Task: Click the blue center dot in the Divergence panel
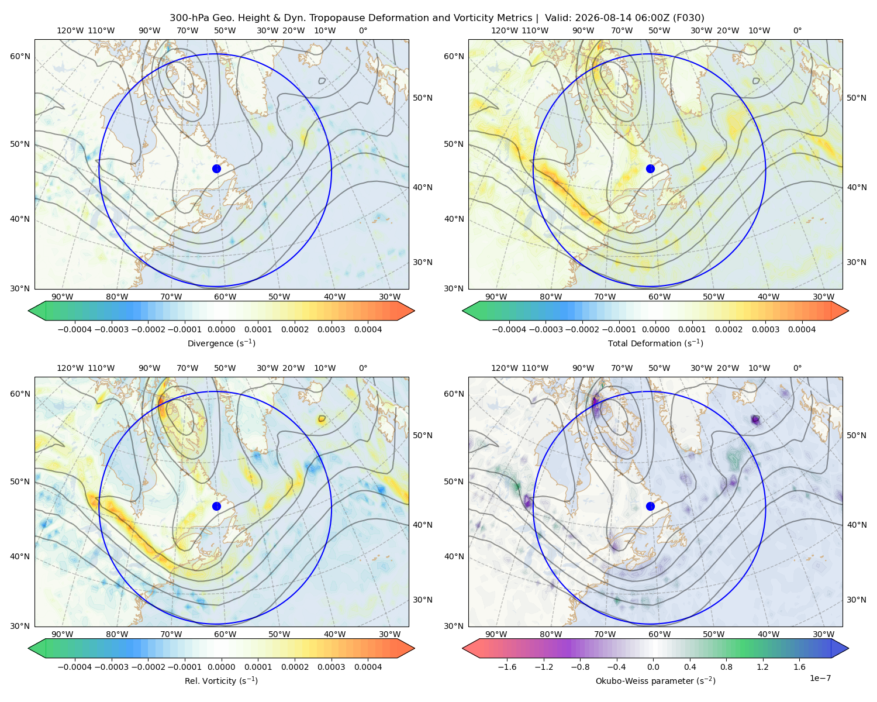[216, 168]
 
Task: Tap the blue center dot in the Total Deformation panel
[650, 168]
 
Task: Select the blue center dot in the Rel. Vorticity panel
[216, 506]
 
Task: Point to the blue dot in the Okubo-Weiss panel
[650, 506]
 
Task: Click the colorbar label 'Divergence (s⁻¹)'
[221, 343]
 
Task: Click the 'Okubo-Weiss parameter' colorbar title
[638, 681]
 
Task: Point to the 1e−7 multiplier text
[820, 678]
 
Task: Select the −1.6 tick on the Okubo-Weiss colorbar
[507, 667]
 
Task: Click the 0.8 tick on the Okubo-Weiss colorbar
[726, 667]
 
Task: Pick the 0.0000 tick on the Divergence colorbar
[221, 329]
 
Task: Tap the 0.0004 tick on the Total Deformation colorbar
[802, 329]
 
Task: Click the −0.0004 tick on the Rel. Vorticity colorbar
[75, 667]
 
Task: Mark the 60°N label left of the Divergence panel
[20, 56]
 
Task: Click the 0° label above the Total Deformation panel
[797, 30]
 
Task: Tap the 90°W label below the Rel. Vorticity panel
[63, 634]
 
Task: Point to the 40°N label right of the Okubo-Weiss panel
[857, 525]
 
